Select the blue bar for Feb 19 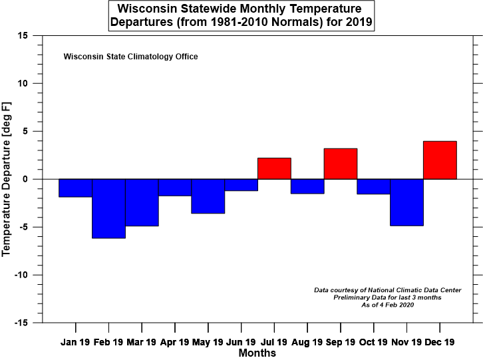(x=108, y=208)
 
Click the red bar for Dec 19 (x=440, y=160)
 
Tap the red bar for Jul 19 (x=274, y=168)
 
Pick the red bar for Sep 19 (x=341, y=164)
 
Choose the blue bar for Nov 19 (x=406, y=202)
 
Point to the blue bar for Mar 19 (x=142, y=202)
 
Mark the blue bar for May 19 (x=208, y=196)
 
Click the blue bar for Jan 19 (x=75, y=188)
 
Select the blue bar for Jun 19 (x=241, y=185)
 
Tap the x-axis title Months (x=257, y=353)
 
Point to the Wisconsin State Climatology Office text (x=130, y=57)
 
